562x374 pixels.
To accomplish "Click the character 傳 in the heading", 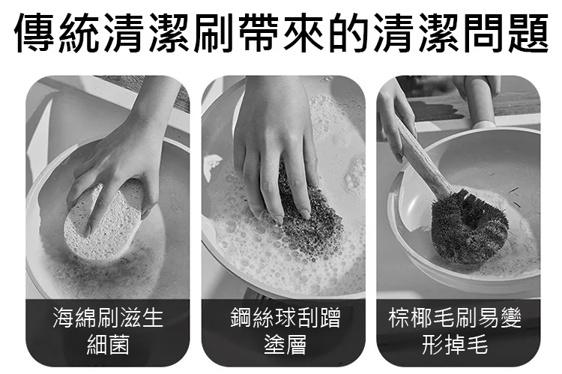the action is pos(34,33).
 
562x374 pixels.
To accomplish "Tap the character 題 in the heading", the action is pos(528,33).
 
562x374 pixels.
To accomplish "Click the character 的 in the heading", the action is pos(348,33).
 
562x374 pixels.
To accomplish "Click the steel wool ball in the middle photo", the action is pos(308,218).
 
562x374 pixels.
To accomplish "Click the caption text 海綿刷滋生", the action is pos(108,318).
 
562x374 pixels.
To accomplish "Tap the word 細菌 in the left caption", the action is pos(108,345).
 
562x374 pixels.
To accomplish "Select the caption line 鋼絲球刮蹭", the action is pos(285,318).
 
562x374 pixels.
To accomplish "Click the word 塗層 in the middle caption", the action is pos(285,345).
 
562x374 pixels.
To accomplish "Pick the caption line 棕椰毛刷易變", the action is pos(455,318).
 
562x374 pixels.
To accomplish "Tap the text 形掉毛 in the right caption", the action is pos(455,345).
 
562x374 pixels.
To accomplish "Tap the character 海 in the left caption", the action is pos(64,318).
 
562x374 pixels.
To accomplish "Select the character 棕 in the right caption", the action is pos(399,318).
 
